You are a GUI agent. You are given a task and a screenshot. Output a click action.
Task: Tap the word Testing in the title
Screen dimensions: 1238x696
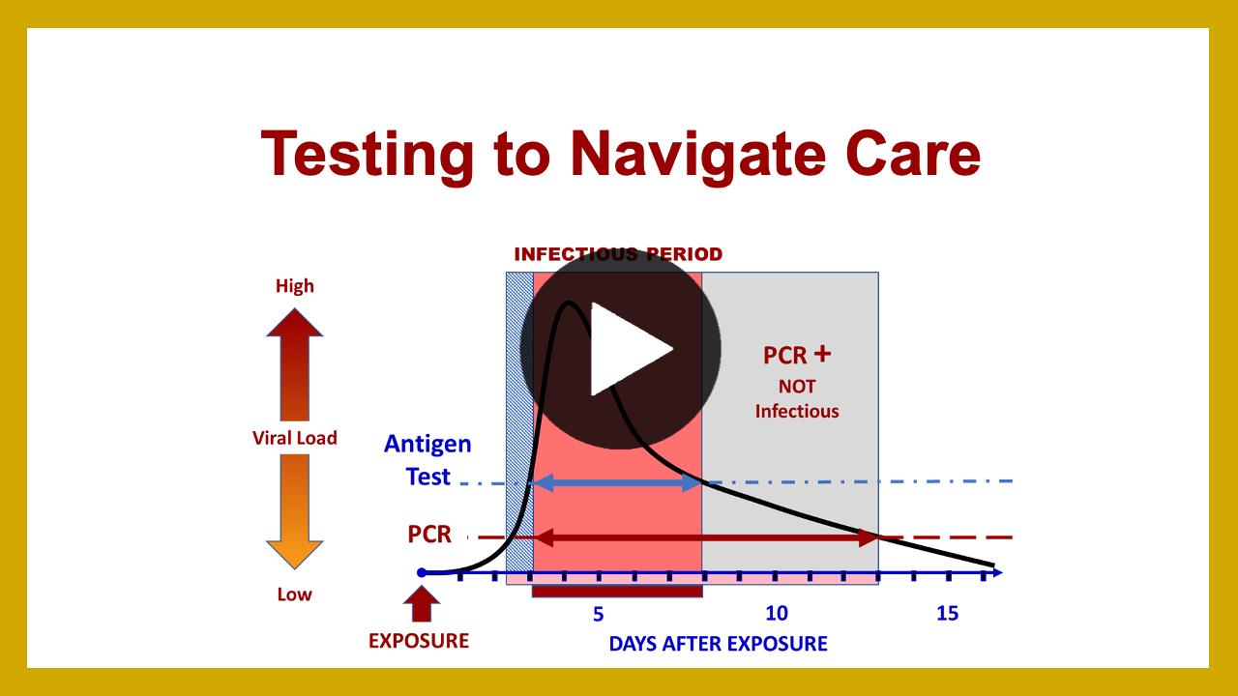click(368, 155)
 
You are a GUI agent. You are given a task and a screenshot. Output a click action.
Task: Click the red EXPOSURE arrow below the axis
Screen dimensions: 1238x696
click(422, 604)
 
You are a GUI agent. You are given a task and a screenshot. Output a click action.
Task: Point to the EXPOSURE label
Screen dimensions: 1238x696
click(419, 641)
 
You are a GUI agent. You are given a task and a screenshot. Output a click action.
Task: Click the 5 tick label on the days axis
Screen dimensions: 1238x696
click(598, 614)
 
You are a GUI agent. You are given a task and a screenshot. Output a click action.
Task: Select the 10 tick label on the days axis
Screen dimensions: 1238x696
click(777, 613)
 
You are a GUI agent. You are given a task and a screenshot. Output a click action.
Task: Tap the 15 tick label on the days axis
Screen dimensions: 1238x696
click(947, 613)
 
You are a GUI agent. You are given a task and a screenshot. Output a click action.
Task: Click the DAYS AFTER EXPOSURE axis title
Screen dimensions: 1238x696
click(718, 644)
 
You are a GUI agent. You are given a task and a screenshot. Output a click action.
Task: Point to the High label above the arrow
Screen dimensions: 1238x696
click(295, 286)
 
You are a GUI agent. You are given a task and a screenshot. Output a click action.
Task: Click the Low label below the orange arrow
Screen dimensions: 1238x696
click(295, 594)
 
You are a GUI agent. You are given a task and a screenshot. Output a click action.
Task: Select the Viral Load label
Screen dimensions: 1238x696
click(295, 438)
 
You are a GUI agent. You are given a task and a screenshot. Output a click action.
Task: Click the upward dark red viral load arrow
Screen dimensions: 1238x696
click(295, 364)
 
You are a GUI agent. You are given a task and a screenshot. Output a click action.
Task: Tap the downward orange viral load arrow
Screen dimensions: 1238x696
click(295, 512)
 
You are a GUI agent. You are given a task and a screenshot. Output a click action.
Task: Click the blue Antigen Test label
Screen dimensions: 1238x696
click(427, 460)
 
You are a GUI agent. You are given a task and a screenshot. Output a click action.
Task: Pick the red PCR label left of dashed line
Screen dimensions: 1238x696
click(429, 535)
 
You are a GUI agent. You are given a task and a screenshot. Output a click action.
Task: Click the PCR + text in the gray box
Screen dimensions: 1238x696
click(797, 355)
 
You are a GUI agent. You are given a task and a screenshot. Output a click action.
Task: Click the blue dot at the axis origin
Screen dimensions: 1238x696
click(422, 573)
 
